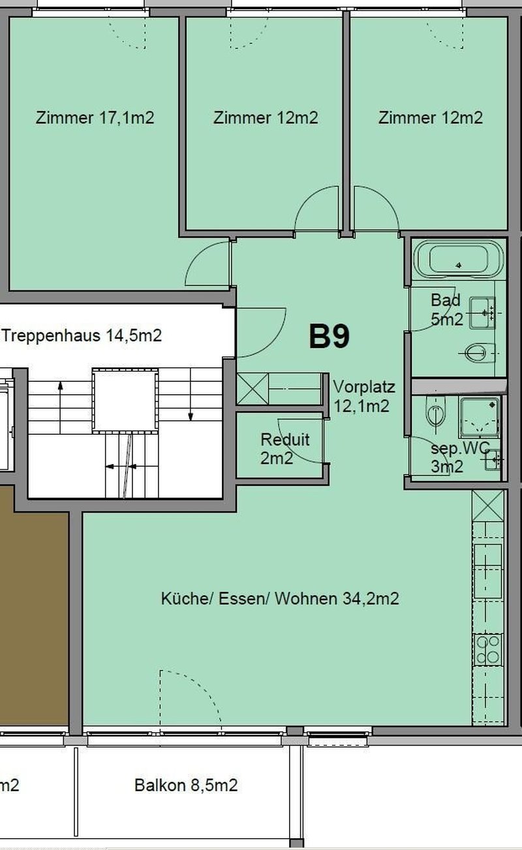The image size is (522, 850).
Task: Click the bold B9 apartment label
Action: click(x=330, y=336)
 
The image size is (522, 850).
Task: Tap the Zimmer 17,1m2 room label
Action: click(x=95, y=118)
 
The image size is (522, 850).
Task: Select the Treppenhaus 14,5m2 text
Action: click(x=82, y=336)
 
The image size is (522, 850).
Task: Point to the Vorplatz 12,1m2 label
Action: click(x=363, y=396)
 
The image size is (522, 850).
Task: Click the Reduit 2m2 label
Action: click(x=284, y=449)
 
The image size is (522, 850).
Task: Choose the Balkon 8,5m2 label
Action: click(x=186, y=785)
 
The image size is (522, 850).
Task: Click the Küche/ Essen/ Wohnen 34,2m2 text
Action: click(x=280, y=599)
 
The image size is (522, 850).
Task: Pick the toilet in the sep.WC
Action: click(x=434, y=411)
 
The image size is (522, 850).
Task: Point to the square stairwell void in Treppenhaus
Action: click(x=125, y=400)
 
